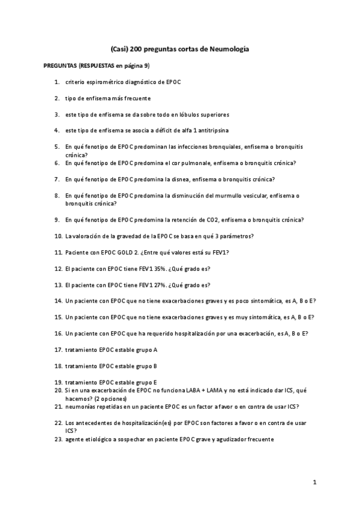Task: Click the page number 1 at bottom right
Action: click(314, 482)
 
